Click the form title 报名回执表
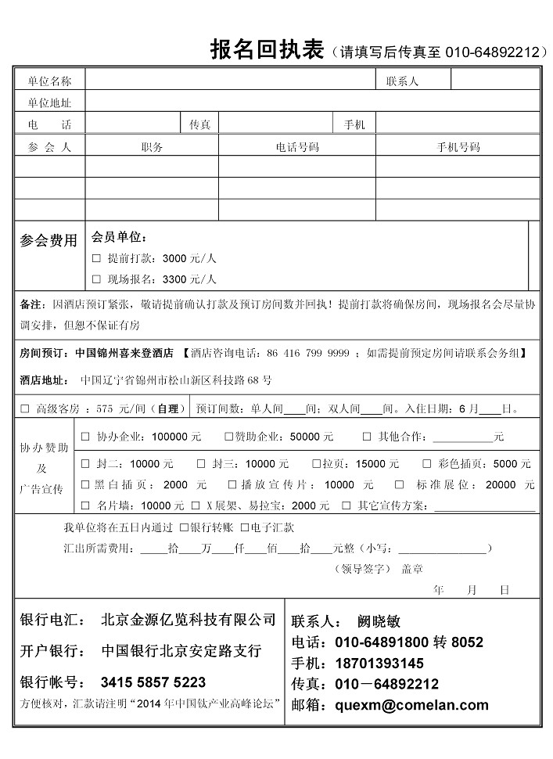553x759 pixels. (x=267, y=50)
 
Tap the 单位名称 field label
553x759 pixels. (x=49, y=81)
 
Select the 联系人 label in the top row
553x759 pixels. (x=402, y=81)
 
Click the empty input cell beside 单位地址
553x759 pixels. (x=311, y=102)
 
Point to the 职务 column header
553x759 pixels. (x=152, y=147)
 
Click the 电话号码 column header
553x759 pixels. (x=297, y=147)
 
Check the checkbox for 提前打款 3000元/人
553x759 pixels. (x=96, y=258)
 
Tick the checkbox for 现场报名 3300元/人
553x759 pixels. (x=96, y=279)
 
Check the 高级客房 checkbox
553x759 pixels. (x=25, y=408)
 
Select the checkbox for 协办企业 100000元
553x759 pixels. (x=85, y=437)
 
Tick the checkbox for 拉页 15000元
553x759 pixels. (x=317, y=464)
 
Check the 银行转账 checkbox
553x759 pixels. (x=183, y=528)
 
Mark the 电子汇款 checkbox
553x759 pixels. (x=245, y=528)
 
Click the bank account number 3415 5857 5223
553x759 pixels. (x=153, y=682)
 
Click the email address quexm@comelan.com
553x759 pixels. (x=411, y=705)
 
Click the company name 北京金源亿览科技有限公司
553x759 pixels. (x=189, y=620)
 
